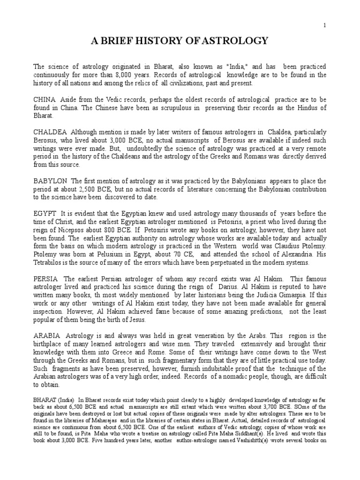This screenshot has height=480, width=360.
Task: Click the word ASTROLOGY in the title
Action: (x=233, y=41)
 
